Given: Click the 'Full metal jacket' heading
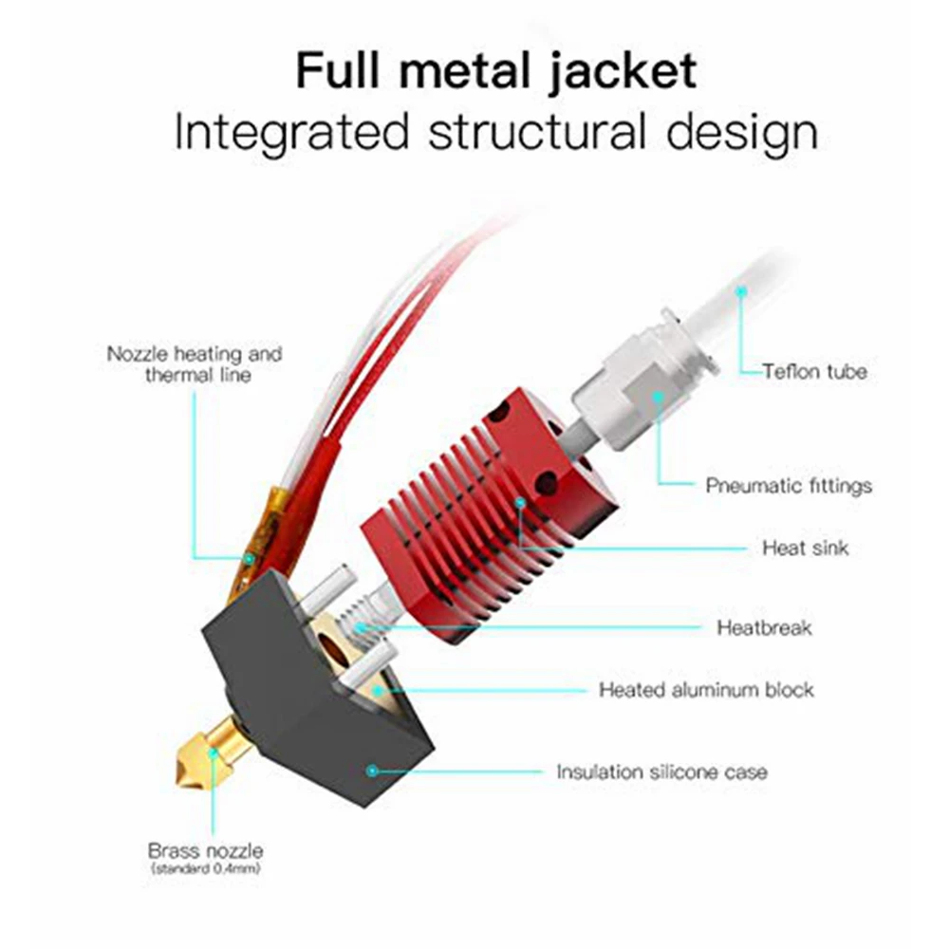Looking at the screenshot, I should click(495, 73).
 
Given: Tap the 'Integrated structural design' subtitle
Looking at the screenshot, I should click(495, 133).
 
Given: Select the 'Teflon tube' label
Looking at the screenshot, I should click(814, 371).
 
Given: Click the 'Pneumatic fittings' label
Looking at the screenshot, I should click(788, 486).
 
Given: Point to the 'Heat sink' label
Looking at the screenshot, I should click(805, 548).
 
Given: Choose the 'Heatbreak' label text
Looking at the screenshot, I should click(764, 627).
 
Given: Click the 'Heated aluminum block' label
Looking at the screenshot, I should click(706, 689).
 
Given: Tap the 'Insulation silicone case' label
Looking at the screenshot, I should click(661, 772).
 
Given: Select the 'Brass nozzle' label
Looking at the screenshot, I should click(205, 850).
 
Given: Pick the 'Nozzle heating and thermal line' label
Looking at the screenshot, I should click(195, 363).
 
